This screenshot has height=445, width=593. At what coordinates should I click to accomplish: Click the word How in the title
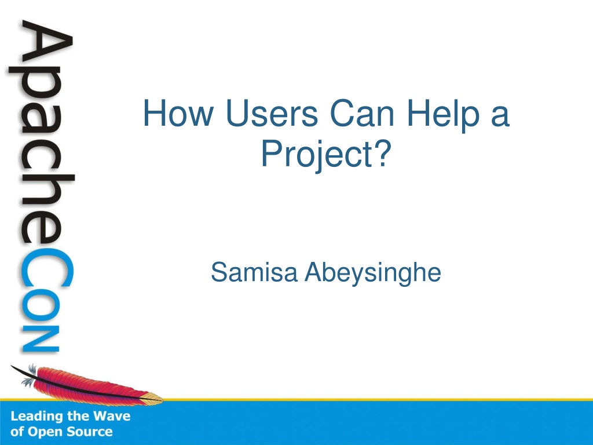(x=178, y=113)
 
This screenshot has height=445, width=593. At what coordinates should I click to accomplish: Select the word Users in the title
(x=272, y=113)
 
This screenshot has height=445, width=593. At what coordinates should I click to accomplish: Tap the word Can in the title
(x=363, y=113)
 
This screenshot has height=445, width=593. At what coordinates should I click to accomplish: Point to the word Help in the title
(x=443, y=116)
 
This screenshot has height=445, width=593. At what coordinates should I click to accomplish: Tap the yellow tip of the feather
(x=153, y=399)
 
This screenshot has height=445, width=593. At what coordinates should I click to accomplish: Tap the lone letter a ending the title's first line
(x=500, y=116)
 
